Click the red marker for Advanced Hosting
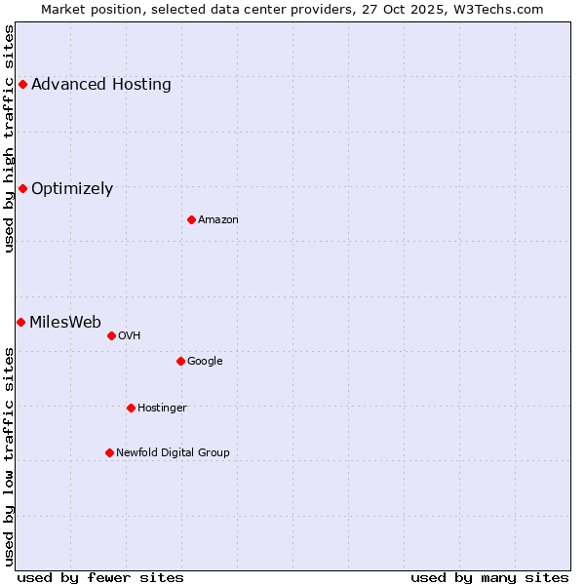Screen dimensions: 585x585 (22, 84)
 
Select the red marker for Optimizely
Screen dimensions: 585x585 (22, 188)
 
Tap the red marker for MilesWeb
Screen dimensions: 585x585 (20, 322)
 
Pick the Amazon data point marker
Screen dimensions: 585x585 (191, 219)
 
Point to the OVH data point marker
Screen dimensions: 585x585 (111, 335)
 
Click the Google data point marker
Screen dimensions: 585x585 (180, 361)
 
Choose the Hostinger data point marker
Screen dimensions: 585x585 (131, 408)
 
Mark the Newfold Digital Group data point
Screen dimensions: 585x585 (109, 452)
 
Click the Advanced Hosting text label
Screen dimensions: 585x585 (101, 84)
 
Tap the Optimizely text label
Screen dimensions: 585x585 (72, 189)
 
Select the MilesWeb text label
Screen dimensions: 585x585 (65, 323)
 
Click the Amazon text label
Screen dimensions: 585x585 (218, 220)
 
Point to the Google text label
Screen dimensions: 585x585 (205, 362)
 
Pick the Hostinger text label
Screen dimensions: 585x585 (162, 409)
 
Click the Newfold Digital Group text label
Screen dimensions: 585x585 (173, 452)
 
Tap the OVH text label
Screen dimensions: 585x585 (130, 336)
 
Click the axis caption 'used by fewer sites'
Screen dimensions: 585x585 (100, 577)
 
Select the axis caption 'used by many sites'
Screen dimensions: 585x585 (489, 577)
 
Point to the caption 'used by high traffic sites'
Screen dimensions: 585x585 (9, 139)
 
